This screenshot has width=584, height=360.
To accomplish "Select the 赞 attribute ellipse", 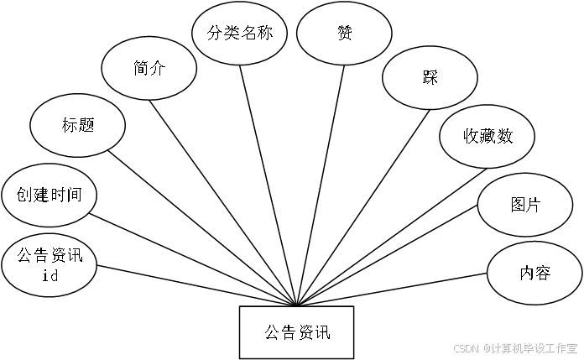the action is coord(344,34).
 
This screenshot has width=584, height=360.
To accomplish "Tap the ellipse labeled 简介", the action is coord(149,70).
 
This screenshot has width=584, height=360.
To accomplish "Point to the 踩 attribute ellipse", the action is coord(430,78).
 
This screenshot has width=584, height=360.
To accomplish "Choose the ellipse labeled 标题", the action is coord(77,126).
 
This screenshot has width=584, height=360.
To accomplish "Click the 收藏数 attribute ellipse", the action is coord(488,136).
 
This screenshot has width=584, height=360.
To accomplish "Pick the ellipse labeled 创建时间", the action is coord(49,196).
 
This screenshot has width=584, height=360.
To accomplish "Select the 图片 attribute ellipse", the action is coord(525,205).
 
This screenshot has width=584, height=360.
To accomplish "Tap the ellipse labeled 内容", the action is coord(534,273).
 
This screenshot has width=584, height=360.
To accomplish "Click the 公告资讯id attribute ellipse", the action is coord(49,265).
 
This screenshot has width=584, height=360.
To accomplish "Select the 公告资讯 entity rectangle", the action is coord(297,332).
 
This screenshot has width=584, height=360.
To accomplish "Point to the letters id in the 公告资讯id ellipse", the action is coord(49,277).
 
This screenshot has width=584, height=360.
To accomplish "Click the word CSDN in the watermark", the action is coord(465,347).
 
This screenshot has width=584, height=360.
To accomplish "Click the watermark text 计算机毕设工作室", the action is coord(534,347).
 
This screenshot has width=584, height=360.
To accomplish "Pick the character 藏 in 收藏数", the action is coord(488,136).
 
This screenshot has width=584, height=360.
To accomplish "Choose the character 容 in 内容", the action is coord(543,273).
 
